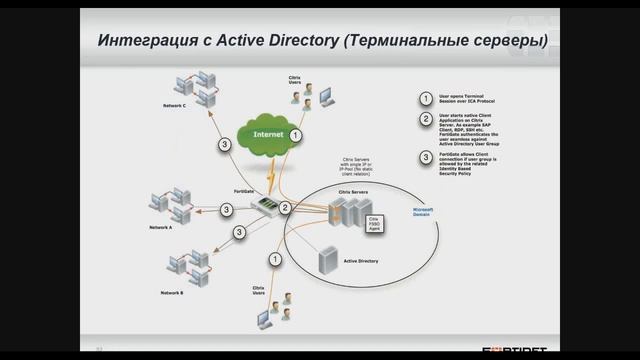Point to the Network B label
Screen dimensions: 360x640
(172, 292)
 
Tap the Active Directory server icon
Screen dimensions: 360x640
(326, 262)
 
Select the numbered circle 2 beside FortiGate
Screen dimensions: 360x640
(286, 208)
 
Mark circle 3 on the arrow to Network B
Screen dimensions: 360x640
(239, 232)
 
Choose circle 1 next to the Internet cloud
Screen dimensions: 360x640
(295, 133)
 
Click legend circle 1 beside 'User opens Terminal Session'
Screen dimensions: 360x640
(425, 99)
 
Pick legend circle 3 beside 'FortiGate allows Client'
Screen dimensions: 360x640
(425, 157)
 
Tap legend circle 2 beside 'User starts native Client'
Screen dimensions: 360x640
(425, 120)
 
